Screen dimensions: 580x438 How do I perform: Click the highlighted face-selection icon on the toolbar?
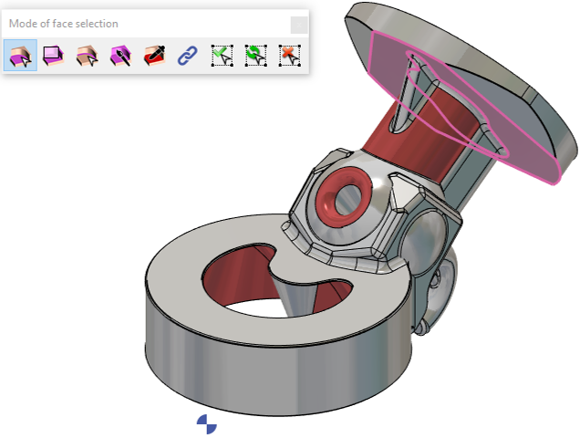(x=20, y=56)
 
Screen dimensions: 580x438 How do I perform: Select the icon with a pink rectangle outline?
(x=54, y=56)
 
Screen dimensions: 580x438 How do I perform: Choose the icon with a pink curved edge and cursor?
(x=88, y=56)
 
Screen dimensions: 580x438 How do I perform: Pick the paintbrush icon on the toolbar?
(x=121, y=56)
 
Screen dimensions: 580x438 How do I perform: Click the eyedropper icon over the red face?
(x=155, y=56)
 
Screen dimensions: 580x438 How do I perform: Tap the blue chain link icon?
(x=188, y=56)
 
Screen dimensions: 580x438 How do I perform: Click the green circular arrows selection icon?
(x=255, y=56)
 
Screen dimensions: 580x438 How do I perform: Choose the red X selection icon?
(x=289, y=56)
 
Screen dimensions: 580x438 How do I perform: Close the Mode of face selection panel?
(x=299, y=26)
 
